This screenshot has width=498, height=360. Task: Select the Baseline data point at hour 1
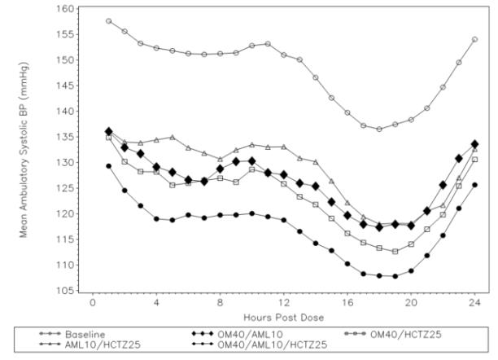109,21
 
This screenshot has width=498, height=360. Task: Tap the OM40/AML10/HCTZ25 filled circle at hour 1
109,166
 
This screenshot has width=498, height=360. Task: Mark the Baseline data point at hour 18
379,129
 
